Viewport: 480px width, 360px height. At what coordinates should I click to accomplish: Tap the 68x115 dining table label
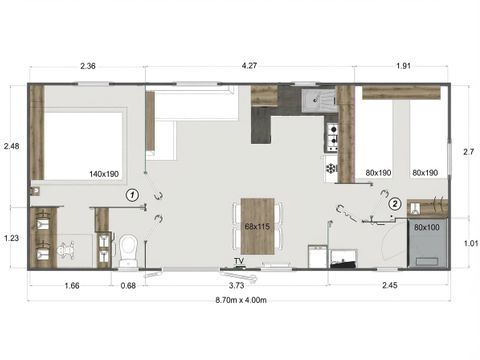point(259,227)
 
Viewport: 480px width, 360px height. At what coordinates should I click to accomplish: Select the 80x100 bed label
point(427,226)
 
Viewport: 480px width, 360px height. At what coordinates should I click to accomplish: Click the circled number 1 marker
point(132,195)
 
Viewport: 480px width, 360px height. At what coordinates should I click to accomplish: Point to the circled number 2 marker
point(395,203)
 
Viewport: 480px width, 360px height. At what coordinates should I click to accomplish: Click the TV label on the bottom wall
point(239,262)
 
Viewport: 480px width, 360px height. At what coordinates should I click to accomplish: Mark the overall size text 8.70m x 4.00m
point(240,300)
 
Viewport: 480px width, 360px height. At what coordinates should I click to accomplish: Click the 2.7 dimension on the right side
point(469,151)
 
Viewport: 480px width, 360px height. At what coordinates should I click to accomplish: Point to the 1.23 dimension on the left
point(13,237)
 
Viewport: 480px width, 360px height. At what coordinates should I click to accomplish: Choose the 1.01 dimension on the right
point(469,241)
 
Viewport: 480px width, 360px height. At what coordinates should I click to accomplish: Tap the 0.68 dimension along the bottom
point(128,287)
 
